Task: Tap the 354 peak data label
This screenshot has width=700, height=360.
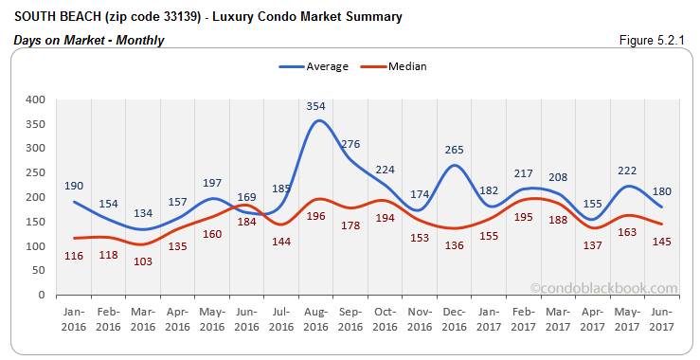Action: (316, 106)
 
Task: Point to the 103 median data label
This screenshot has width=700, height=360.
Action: (144, 260)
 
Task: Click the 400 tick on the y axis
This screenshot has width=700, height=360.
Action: (35, 99)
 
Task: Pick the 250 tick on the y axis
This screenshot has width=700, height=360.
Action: (35, 172)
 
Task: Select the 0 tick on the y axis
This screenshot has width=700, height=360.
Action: (42, 295)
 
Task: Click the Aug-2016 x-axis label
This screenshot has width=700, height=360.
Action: (317, 320)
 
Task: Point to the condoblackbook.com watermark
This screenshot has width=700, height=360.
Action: (604, 288)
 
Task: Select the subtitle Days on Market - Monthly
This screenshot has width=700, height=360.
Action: (89, 40)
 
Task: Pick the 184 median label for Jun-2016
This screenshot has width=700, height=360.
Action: (246, 222)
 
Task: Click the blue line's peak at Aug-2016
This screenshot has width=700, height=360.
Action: (317, 121)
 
